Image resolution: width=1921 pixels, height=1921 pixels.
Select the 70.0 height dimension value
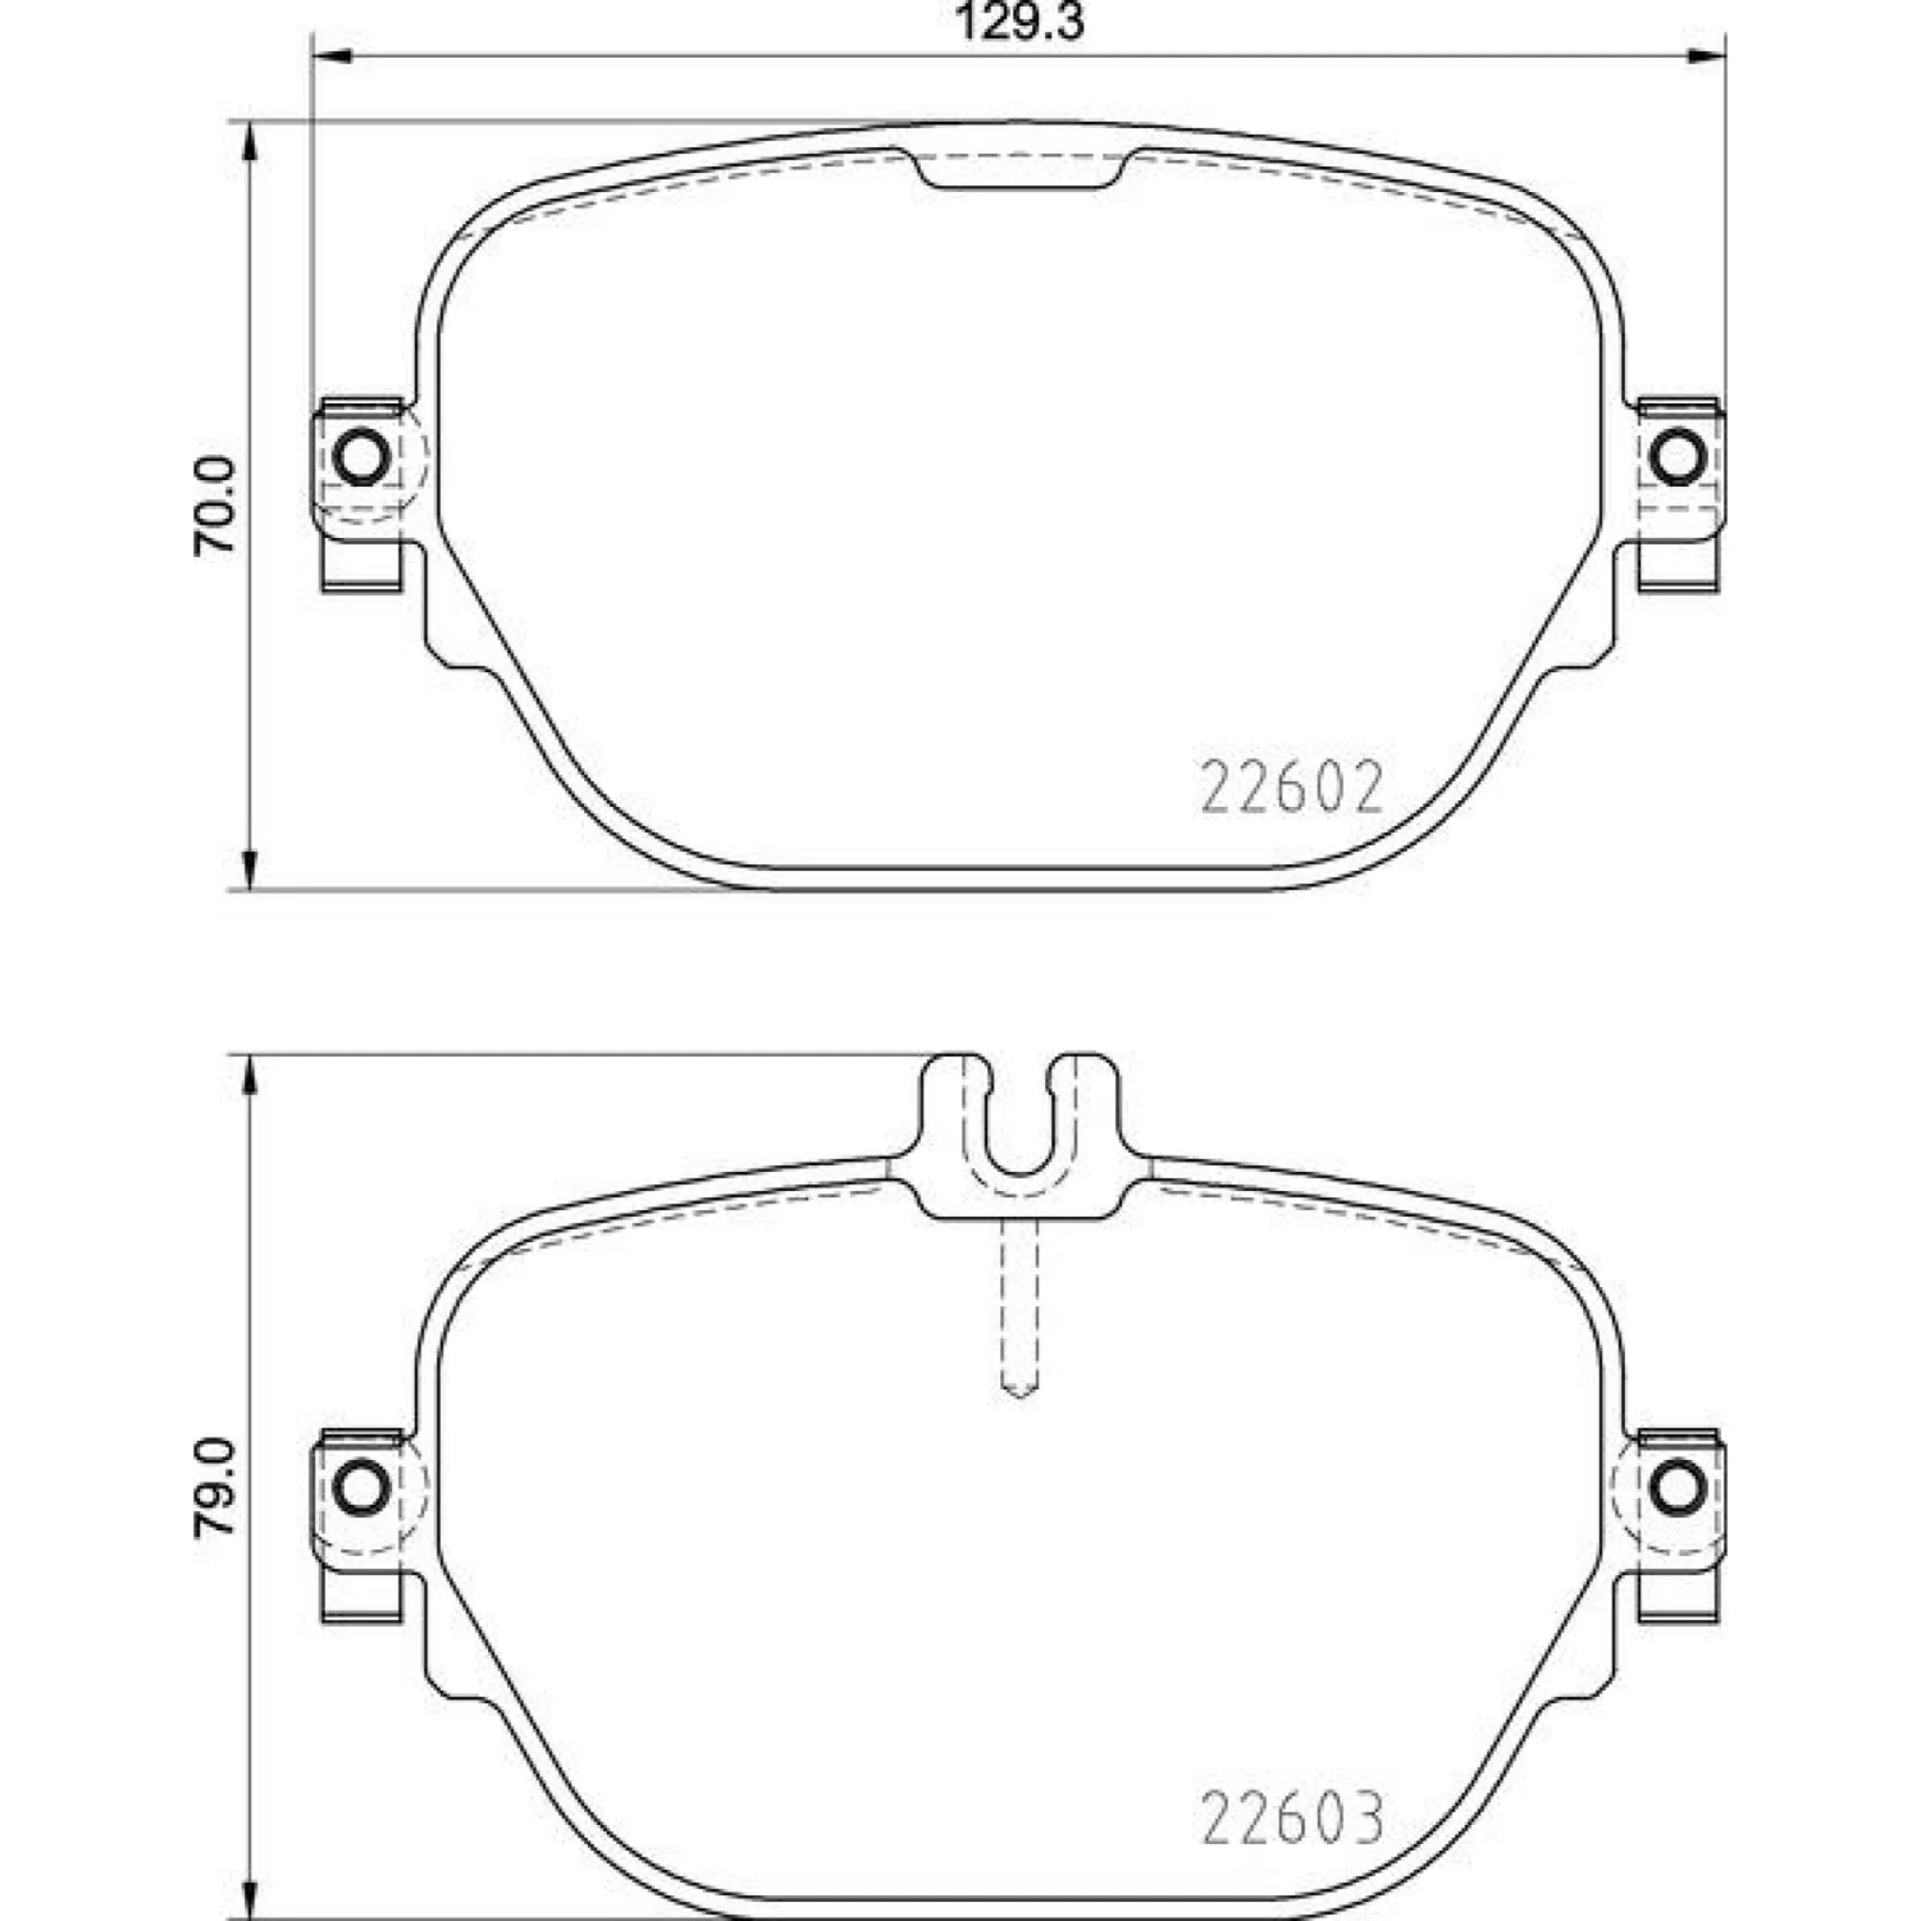pos(216,506)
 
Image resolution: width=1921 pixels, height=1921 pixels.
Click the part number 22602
pos(1293,789)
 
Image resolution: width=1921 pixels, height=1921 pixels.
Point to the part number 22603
pos(1293,1818)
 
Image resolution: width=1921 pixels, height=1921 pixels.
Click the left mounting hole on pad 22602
pos(360,456)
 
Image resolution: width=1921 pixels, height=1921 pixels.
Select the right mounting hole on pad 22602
pos(1678,456)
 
